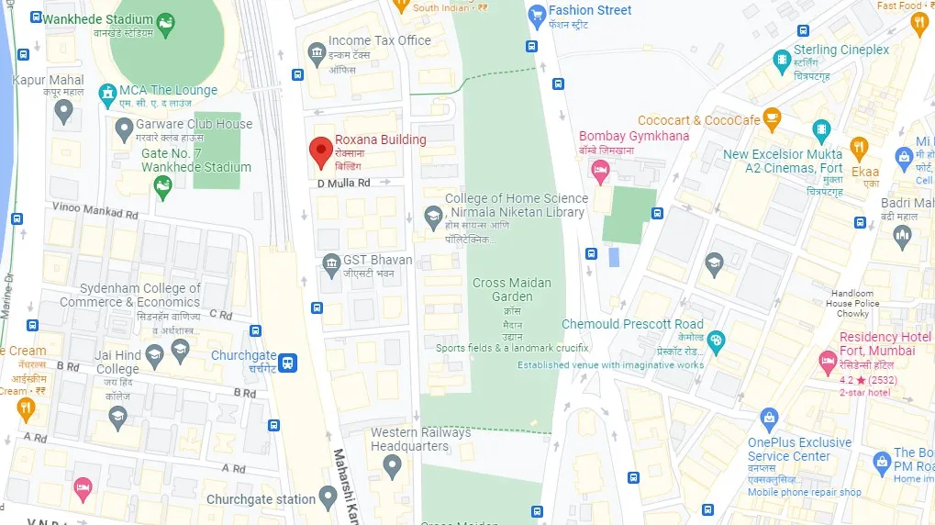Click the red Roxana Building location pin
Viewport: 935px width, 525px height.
[x=320, y=151]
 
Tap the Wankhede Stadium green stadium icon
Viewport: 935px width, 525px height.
[x=165, y=26]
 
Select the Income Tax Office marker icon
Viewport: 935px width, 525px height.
[x=317, y=51]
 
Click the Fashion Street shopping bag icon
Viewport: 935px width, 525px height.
[x=537, y=15]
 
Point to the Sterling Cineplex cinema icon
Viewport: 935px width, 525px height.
[x=781, y=61]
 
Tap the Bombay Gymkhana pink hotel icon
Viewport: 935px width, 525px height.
[x=600, y=169]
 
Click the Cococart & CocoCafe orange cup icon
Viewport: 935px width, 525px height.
[x=772, y=117]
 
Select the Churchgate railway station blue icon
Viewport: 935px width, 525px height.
[x=289, y=363]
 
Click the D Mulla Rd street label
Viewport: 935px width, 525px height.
[x=344, y=184]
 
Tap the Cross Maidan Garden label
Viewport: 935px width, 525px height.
[x=512, y=289]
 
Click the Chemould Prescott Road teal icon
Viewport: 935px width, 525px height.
[x=716, y=341]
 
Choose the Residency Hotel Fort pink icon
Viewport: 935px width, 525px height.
[x=827, y=363]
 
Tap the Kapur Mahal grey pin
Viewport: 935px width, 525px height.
[x=63, y=111]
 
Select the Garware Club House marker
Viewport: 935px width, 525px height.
[x=124, y=132]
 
